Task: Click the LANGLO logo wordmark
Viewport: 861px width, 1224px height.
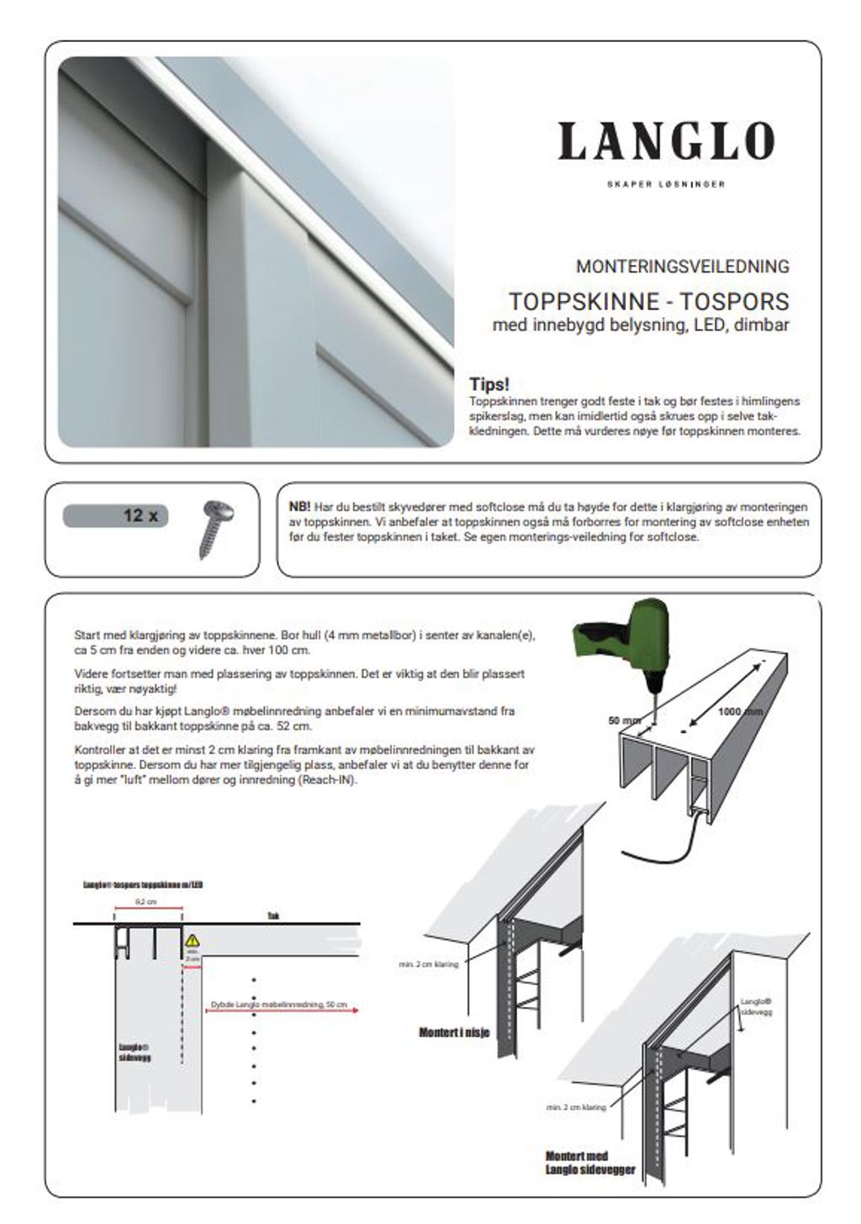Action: (x=665, y=140)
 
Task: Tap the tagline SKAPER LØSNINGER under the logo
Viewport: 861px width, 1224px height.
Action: (x=665, y=184)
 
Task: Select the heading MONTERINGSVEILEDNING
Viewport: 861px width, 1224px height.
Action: (x=682, y=266)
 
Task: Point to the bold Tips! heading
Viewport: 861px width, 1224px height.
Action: (x=489, y=384)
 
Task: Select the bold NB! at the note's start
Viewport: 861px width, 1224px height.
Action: (x=299, y=507)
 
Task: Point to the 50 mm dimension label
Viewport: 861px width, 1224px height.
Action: (x=625, y=720)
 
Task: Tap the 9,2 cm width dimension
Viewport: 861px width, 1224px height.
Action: (x=147, y=902)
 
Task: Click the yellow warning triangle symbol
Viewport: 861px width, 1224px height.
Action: (x=193, y=941)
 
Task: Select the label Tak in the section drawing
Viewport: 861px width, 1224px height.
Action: (x=272, y=916)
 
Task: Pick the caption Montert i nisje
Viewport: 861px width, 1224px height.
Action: (x=454, y=1032)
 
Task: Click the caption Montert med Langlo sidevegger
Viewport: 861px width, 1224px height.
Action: (x=589, y=1163)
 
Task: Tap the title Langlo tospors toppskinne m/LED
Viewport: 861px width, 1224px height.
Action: (x=143, y=885)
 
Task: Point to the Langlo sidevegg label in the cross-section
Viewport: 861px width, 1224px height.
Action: (x=135, y=1051)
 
